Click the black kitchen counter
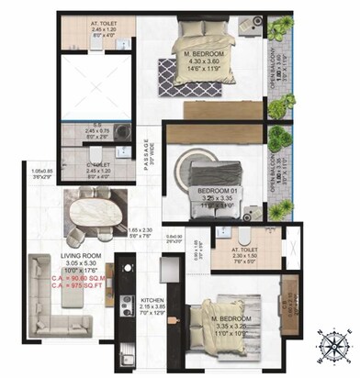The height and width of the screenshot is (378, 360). [126, 312]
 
